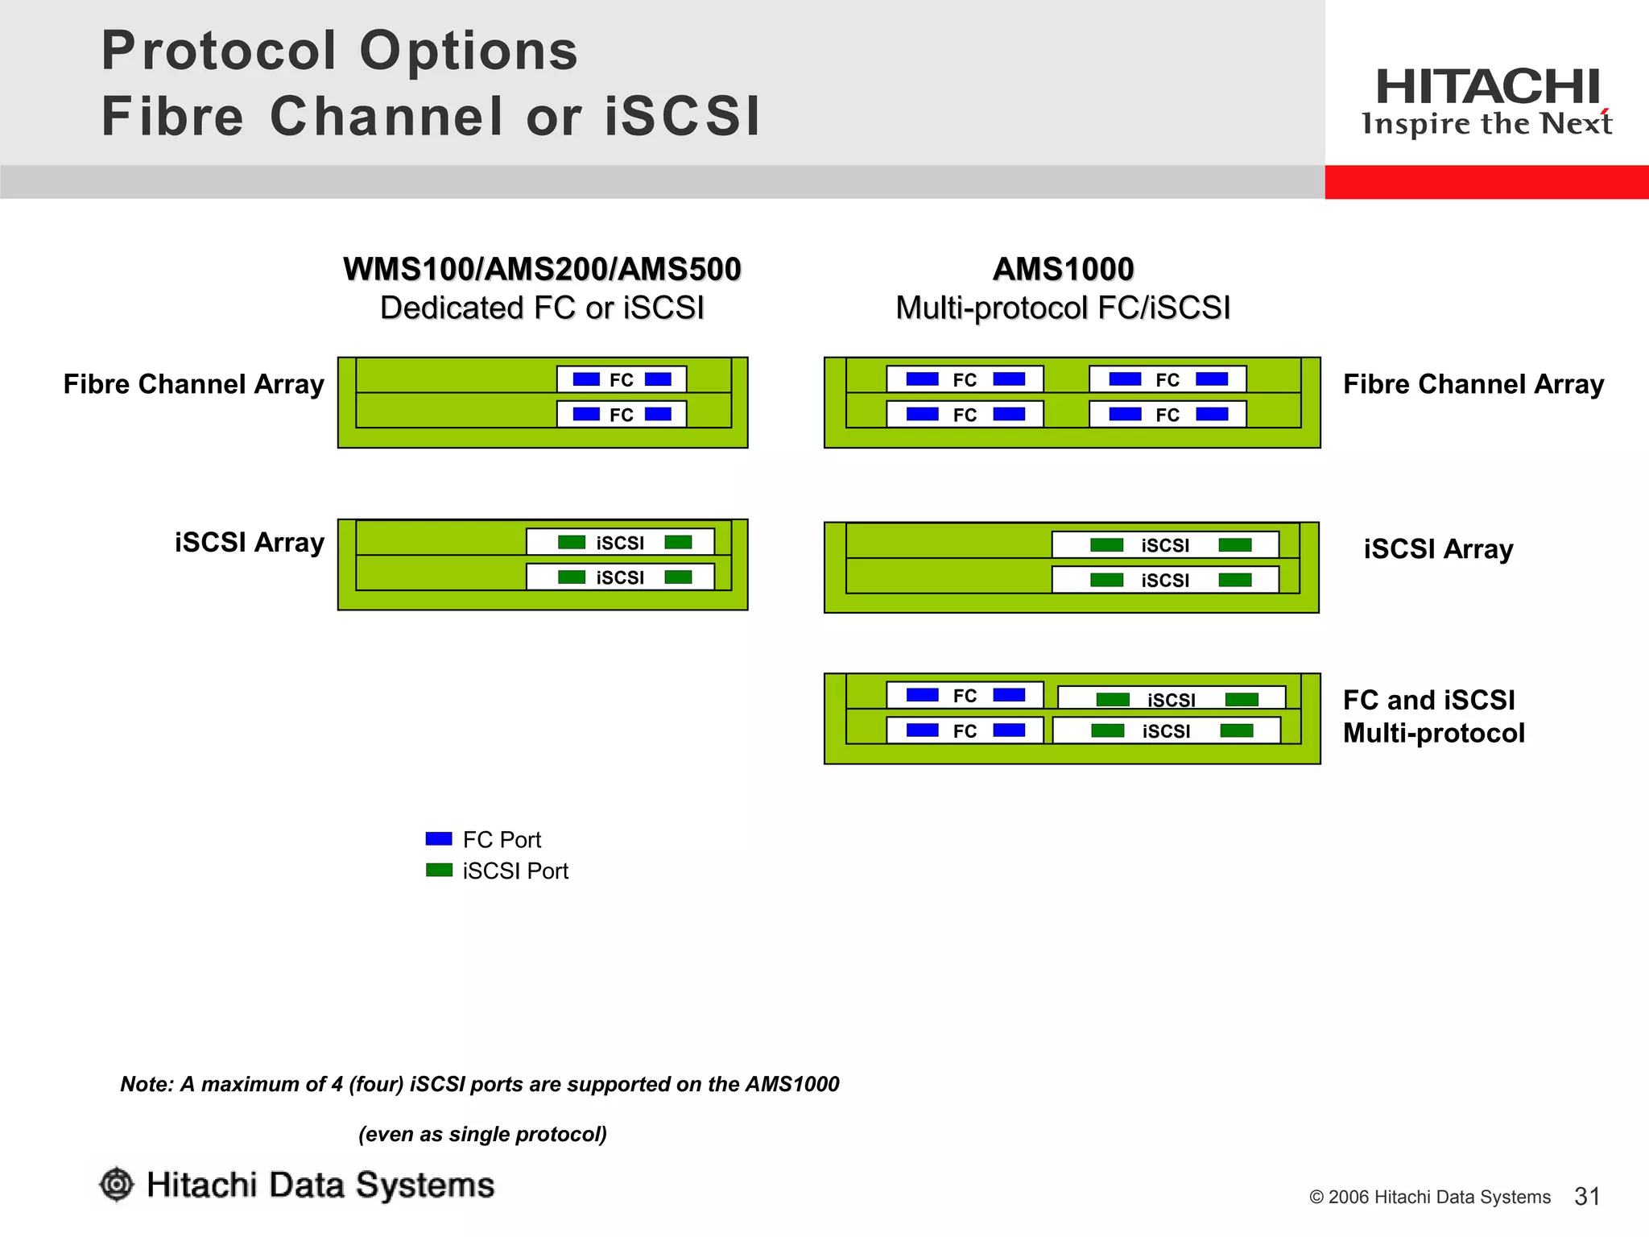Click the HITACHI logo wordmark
[1486, 87]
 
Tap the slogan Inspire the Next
[1486, 124]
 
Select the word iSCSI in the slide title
[682, 116]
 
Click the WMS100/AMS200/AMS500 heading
[542, 269]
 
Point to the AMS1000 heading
[1063, 269]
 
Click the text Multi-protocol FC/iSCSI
[1063, 308]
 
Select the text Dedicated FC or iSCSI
[542, 308]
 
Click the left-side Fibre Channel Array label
[193, 384]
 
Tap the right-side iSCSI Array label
[1438, 549]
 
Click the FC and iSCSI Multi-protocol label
[1433, 716]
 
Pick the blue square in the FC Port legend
[439, 838]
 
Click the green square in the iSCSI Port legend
[439, 870]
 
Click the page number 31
[1587, 1196]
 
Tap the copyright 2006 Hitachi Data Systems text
[1429, 1197]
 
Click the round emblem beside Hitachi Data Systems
[117, 1185]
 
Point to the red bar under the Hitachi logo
[1486, 182]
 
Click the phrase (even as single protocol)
[482, 1134]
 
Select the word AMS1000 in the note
[791, 1084]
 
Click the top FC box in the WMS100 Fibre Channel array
[622, 379]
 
